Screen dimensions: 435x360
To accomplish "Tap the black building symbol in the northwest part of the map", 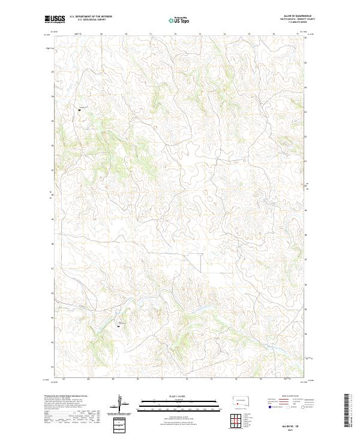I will [x=79, y=110].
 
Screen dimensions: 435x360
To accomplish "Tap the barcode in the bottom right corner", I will [x=347, y=409].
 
